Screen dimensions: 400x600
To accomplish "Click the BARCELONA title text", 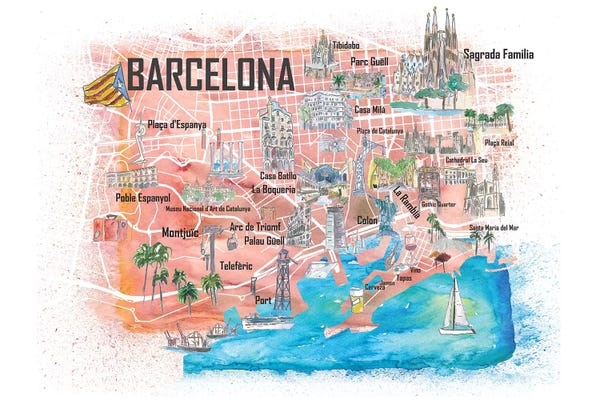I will (209, 74).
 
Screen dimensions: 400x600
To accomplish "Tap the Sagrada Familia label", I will (498, 54).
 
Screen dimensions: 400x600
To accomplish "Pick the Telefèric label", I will (236, 266).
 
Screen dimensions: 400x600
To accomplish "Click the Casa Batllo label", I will (280, 174).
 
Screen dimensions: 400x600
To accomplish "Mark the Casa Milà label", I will (371, 109).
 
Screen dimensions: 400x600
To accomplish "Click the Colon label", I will (367, 219).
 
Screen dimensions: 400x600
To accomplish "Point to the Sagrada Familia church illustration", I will (437, 55).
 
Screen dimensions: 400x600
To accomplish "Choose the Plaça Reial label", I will (498, 143).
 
